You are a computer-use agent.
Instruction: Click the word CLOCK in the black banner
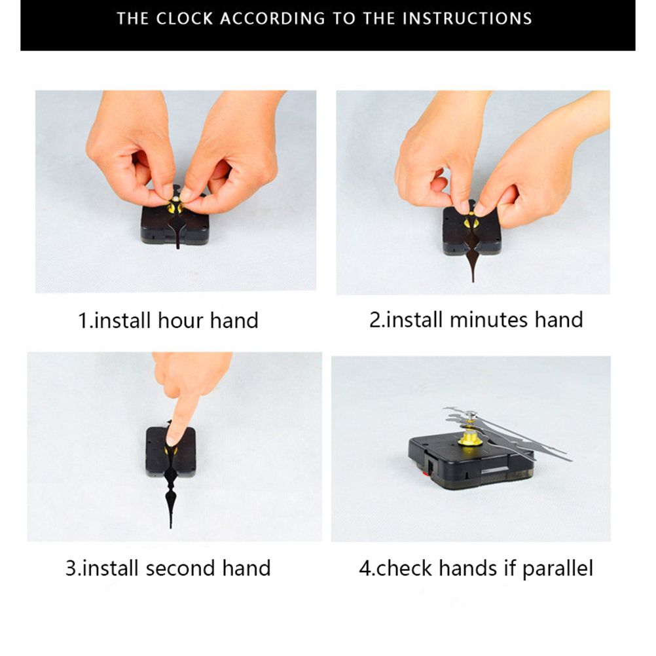[x=185, y=19]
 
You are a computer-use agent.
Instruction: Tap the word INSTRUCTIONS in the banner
[x=467, y=19]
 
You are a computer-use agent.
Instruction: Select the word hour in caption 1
[x=181, y=321]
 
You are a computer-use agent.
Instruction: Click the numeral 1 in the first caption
[x=83, y=321]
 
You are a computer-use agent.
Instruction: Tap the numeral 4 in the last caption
[x=365, y=569]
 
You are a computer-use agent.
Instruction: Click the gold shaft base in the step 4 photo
[x=469, y=437]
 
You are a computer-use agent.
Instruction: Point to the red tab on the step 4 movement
[x=427, y=473]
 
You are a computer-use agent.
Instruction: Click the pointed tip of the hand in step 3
[x=171, y=527]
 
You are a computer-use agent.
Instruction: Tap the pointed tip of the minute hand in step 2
[x=473, y=281]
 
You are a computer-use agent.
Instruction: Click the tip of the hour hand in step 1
[x=178, y=247]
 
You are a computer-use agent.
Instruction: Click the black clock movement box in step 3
[x=171, y=452]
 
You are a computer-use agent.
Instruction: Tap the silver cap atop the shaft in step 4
[x=471, y=414]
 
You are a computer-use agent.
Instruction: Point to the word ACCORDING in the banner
[x=273, y=19]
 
